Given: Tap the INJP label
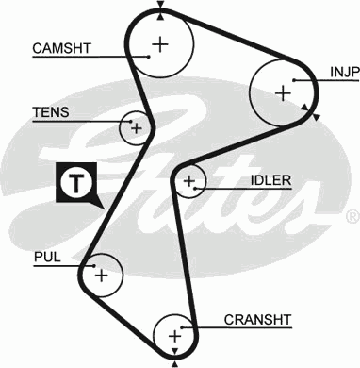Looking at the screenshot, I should point(341,71).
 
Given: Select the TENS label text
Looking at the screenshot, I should point(50,111).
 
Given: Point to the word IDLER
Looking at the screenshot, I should point(270,180).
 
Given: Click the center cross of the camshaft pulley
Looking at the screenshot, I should point(160,42).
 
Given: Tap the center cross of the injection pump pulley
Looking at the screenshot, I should point(282,92).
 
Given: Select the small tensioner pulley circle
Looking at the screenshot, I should point(137,127).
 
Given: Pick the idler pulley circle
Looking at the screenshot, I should point(189,180).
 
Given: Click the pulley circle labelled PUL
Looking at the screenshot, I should point(101,276).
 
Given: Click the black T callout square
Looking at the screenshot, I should point(74,182).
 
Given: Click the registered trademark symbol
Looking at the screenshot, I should point(352,216).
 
